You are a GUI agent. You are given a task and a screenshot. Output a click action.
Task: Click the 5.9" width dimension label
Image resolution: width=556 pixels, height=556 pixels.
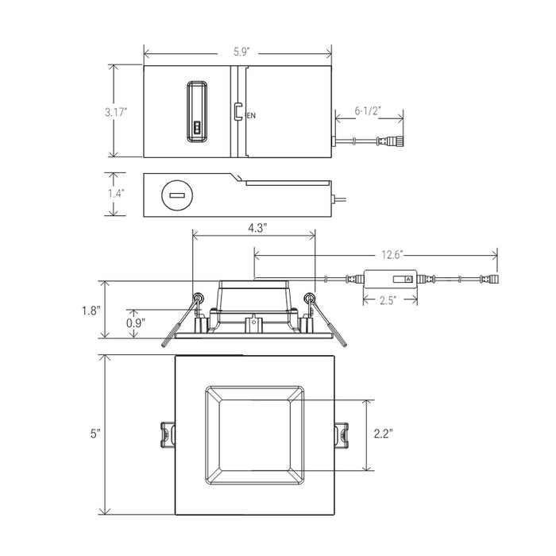241,52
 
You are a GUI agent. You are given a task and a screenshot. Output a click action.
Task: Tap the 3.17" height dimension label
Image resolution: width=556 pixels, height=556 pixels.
116,112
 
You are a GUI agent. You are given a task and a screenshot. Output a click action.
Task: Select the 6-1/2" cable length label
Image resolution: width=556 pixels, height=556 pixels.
368,111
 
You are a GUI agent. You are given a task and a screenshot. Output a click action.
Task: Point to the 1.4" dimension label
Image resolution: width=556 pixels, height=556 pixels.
116,193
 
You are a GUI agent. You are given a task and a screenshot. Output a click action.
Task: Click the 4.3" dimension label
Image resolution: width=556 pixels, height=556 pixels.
257,228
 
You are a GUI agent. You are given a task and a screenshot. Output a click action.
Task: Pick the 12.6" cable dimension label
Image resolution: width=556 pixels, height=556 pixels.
392,255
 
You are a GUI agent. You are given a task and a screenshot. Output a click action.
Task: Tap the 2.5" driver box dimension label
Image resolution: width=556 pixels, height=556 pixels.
388,300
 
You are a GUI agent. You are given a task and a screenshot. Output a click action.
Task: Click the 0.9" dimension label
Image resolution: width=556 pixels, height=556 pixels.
136,323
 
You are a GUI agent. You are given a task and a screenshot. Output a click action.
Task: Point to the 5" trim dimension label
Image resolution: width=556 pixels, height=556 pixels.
95,434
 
